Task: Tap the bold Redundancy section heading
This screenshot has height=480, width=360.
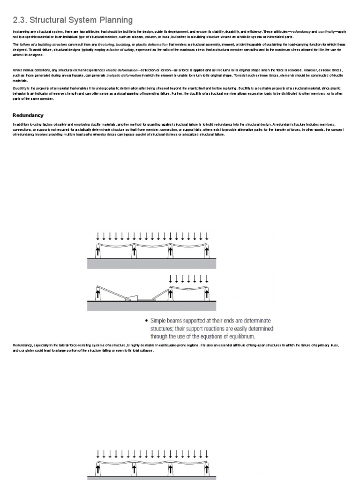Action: coord(28,115)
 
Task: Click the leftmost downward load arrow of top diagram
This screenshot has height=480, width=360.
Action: coord(97,236)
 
